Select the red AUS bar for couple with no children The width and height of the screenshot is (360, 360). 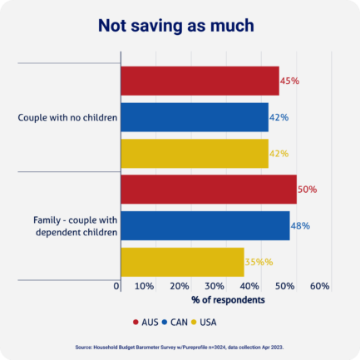tap(200, 81)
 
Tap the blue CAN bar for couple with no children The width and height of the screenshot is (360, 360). tap(195, 117)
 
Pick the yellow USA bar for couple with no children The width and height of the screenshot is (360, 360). tap(195, 153)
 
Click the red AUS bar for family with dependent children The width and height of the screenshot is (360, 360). tap(209, 190)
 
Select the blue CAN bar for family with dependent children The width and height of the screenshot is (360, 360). tap(205, 225)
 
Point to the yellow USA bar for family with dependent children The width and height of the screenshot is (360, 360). tap(183, 261)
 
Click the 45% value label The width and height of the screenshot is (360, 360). tap(289, 81)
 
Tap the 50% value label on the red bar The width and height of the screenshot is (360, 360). tap(307, 190)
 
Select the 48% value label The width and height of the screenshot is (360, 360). tap(300, 225)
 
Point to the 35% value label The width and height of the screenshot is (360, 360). tap(258, 261)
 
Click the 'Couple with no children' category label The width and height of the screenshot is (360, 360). tap(67, 117)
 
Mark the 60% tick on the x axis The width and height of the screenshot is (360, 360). tap(320, 286)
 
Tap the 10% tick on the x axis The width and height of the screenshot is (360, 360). tap(144, 286)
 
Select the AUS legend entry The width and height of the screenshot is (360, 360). tap(145, 322)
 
